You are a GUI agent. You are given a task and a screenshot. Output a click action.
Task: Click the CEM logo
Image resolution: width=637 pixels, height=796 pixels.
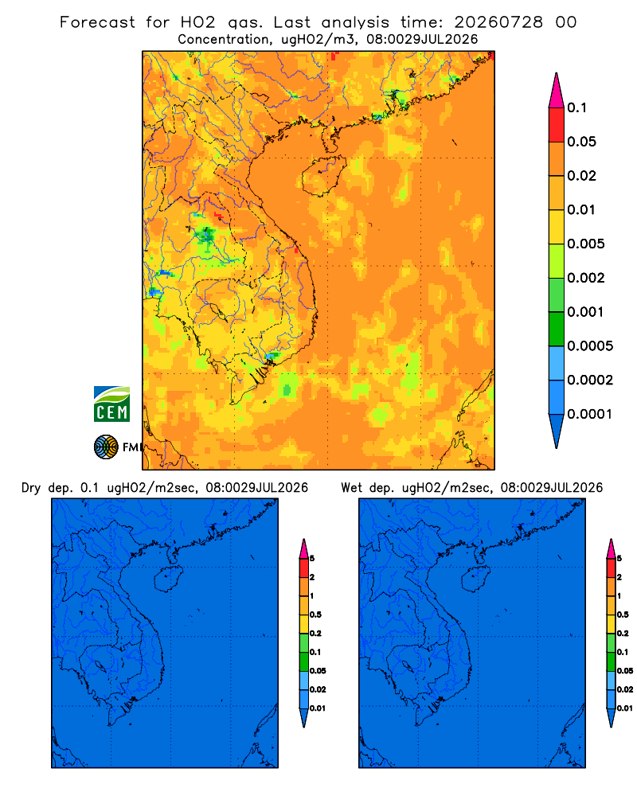[x=111, y=404]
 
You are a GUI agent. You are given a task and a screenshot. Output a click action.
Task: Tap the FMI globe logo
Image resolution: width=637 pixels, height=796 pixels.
[x=106, y=447]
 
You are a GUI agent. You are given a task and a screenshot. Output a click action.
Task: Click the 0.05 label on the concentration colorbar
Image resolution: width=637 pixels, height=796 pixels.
[x=581, y=142]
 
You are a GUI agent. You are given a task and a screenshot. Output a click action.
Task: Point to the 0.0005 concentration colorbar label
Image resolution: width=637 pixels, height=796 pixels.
[x=590, y=346]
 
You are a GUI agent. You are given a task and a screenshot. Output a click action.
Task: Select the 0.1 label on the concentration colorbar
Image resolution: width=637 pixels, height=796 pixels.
[x=577, y=107]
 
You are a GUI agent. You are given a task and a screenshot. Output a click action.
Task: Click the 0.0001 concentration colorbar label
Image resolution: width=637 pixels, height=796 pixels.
[x=590, y=414]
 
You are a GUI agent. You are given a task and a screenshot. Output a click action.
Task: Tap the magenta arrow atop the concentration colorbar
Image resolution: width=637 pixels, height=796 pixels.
[x=557, y=90]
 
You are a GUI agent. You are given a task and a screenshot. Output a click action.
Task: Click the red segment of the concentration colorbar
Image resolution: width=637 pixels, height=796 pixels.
[x=557, y=125]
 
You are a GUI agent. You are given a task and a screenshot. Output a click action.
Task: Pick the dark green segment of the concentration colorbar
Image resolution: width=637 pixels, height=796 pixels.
[x=557, y=329]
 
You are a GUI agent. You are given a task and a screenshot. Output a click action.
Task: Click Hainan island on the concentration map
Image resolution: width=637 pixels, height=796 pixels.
[x=323, y=176]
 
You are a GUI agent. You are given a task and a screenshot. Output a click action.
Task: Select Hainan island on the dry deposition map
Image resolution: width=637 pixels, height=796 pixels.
[x=168, y=579]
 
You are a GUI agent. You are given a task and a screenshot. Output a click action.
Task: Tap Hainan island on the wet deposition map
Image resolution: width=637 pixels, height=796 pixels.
[x=476, y=579]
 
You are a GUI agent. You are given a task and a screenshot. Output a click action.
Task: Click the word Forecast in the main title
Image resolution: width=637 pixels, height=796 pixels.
[x=97, y=22]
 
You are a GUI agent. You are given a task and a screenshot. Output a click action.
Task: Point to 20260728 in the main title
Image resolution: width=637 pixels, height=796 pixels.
[x=498, y=22]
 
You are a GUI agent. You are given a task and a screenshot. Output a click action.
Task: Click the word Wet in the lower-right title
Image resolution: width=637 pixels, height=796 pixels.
[x=351, y=488]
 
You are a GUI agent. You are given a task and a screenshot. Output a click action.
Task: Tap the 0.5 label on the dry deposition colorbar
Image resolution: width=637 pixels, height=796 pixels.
[x=315, y=615]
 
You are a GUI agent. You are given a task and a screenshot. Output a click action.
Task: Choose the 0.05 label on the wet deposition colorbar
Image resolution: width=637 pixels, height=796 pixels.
[x=625, y=671]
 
